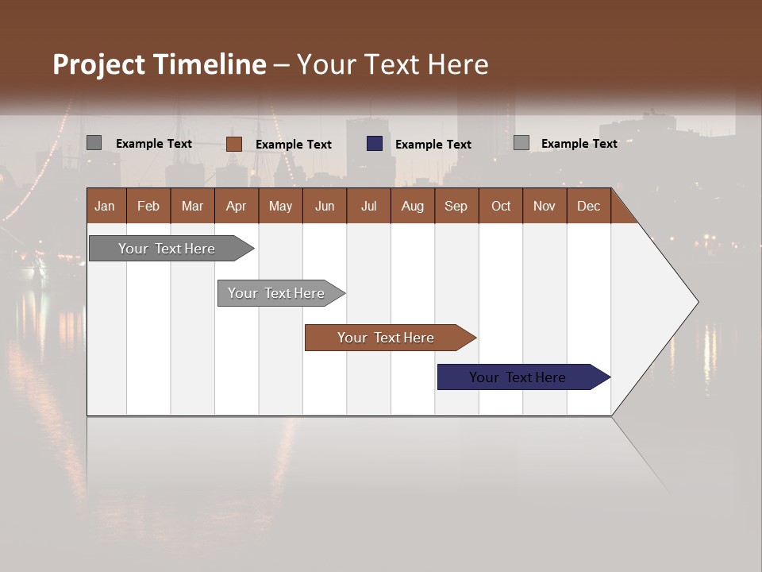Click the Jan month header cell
point(106,206)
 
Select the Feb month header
point(148,206)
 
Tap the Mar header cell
point(192,206)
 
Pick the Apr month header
point(237,206)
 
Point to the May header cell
point(280,206)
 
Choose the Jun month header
point(325,206)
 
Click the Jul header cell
point(368,206)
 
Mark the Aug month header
point(413,206)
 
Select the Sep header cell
point(456,206)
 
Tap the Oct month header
point(501,206)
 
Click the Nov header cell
point(545,206)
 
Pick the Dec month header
point(589,206)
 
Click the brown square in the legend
point(234,144)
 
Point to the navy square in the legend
point(375,144)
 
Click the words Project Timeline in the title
point(160,64)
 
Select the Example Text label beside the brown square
point(294,145)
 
